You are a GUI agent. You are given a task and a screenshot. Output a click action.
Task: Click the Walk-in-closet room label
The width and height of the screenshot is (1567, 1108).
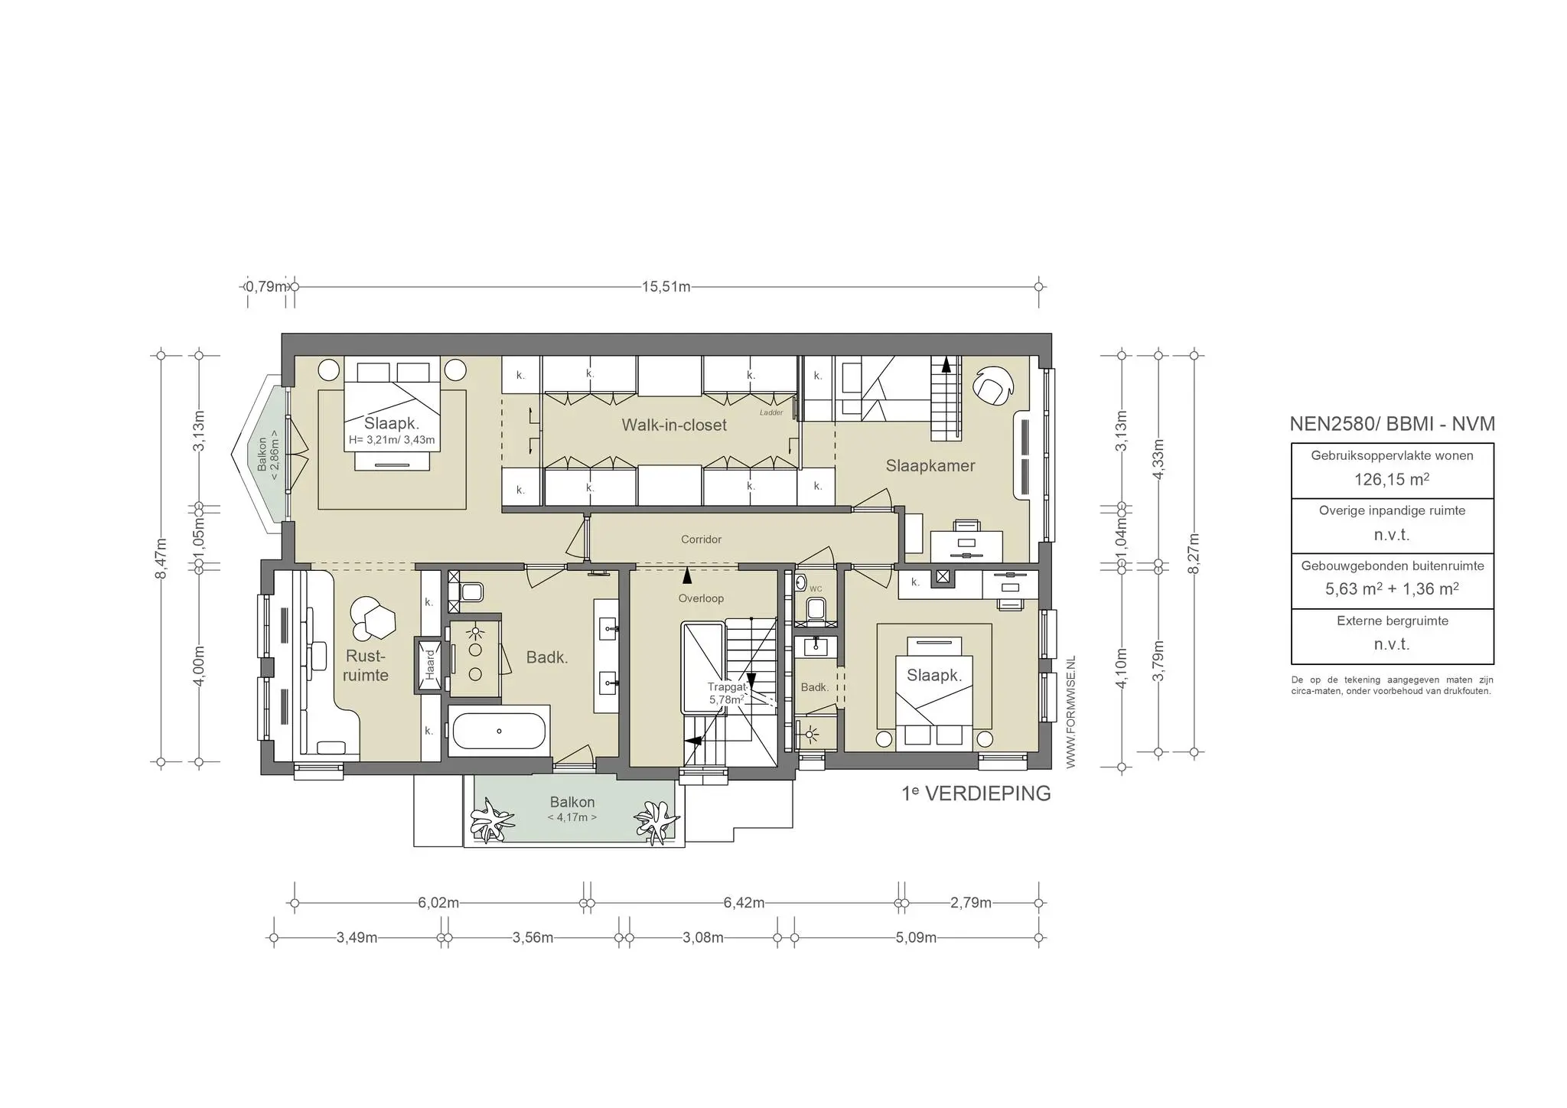click(673, 425)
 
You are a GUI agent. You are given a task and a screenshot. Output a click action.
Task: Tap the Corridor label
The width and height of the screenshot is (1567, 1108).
click(701, 539)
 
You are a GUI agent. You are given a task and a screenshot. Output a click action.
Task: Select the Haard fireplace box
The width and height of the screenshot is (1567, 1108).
click(429, 664)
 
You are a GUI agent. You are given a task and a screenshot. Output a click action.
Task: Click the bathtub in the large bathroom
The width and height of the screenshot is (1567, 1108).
click(499, 731)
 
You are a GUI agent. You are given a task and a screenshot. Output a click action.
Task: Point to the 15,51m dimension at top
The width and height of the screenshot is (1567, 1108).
click(666, 287)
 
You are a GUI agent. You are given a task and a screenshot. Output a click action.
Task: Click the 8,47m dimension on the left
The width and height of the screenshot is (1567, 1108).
click(161, 559)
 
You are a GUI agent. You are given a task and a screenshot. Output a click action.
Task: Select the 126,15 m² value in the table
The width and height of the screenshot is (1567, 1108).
click(1392, 480)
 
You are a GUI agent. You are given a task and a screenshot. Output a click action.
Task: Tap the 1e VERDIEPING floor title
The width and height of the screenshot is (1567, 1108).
click(976, 794)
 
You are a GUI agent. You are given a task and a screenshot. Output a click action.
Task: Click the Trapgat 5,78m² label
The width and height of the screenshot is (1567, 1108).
click(725, 693)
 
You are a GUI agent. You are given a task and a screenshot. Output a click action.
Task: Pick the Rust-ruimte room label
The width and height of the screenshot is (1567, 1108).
click(366, 666)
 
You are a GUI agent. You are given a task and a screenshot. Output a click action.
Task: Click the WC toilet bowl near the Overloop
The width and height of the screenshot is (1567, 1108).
click(816, 609)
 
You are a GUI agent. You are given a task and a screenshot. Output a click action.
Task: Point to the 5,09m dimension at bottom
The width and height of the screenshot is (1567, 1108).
click(916, 938)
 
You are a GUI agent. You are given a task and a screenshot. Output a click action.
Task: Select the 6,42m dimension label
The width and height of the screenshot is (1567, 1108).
click(744, 903)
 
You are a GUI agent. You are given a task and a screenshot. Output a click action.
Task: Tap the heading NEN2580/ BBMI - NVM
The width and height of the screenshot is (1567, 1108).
click(1392, 424)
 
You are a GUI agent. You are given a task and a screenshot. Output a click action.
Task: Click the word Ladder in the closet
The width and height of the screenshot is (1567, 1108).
click(771, 413)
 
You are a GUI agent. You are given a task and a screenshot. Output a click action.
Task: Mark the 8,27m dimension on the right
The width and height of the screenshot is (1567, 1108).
click(1194, 552)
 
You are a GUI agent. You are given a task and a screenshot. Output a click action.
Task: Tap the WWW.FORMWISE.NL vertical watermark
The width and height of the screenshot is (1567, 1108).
click(1070, 712)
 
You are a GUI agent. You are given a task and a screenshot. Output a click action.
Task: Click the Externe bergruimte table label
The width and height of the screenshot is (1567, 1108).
click(1392, 621)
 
